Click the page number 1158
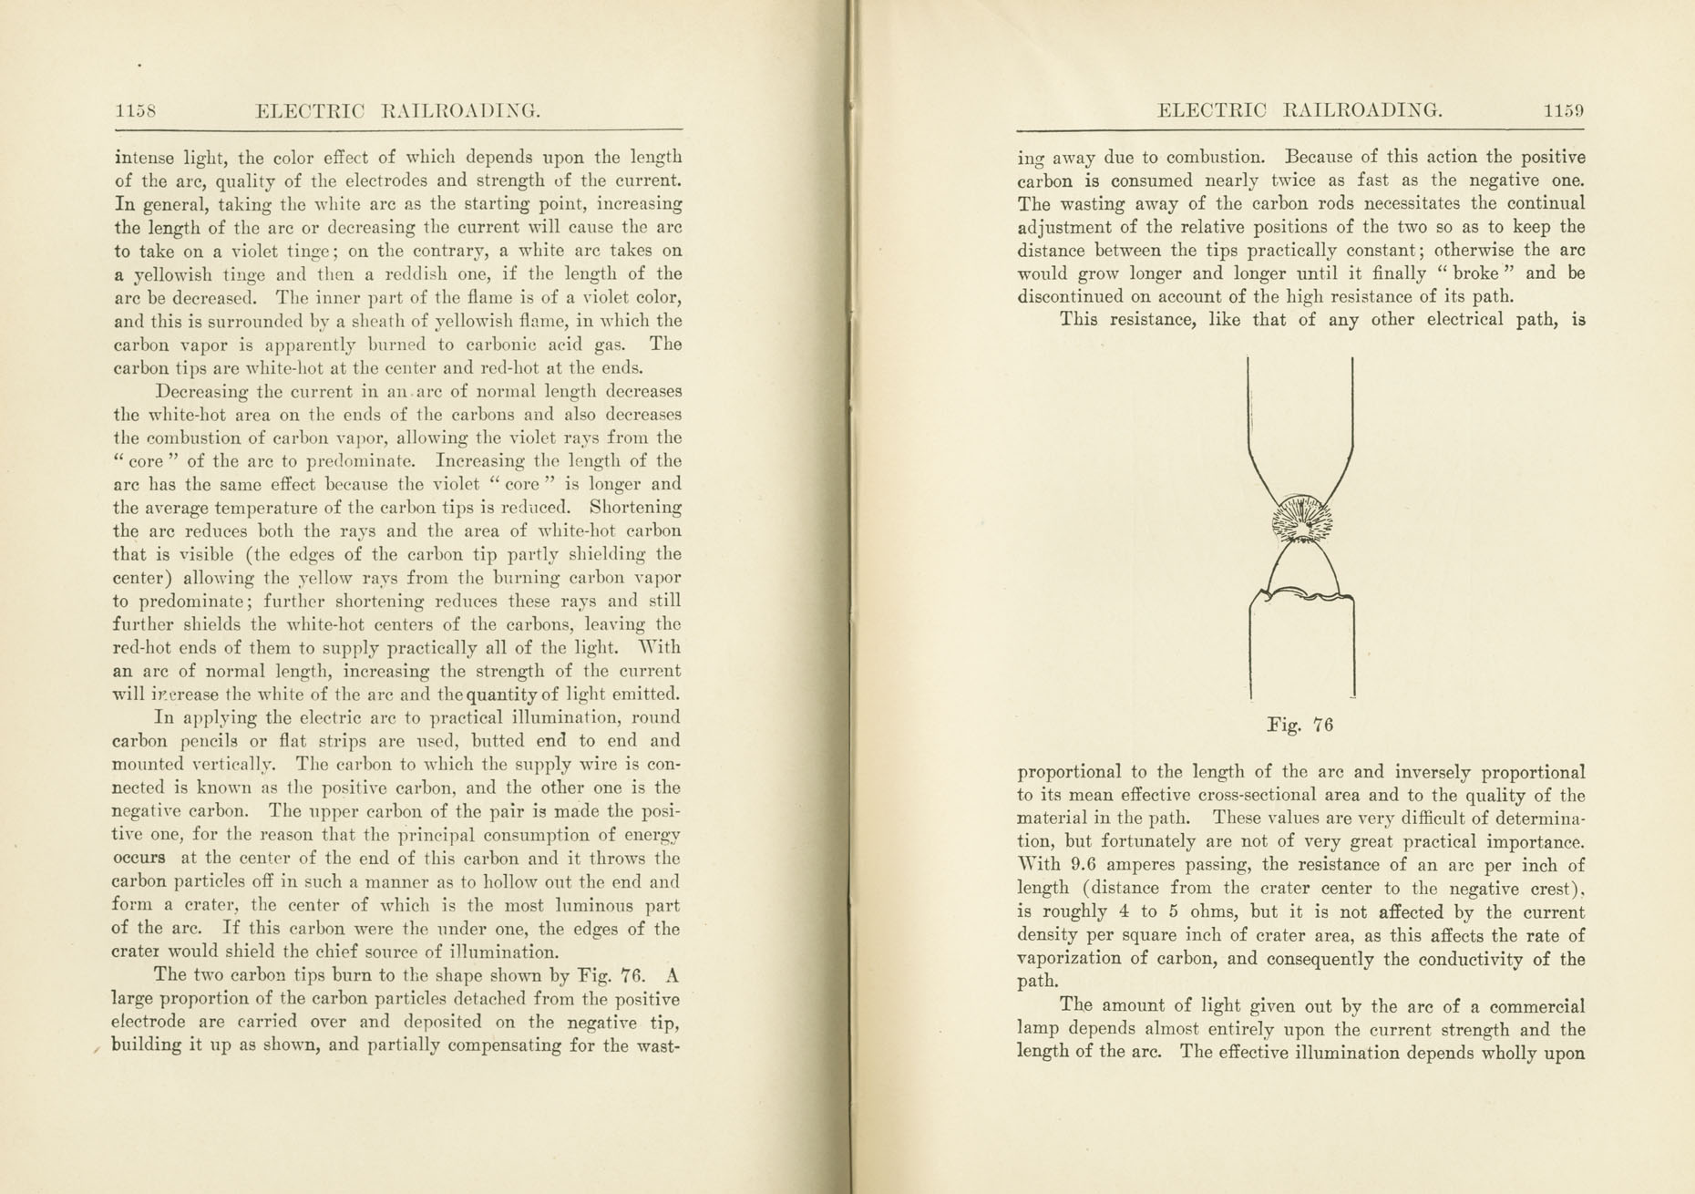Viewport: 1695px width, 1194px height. (x=136, y=111)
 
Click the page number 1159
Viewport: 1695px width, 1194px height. (x=1564, y=111)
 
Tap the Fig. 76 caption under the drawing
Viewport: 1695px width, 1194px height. (x=1300, y=726)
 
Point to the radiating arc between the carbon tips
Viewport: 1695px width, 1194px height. (x=1301, y=524)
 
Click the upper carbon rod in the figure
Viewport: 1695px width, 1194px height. (x=1300, y=419)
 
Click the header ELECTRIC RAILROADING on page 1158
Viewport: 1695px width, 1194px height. (x=398, y=111)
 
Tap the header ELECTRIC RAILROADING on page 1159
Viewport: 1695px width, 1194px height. (x=1299, y=111)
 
